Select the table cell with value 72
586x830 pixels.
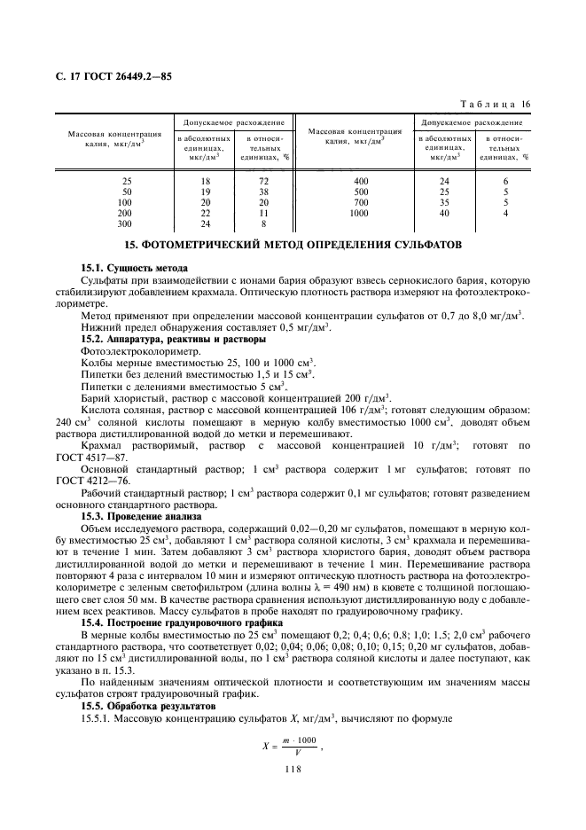(x=263, y=181)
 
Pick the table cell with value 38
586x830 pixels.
(x=263, y=192)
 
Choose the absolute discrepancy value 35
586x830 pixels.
(x=444, y=203)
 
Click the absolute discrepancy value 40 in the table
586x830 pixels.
(x=444, y=214)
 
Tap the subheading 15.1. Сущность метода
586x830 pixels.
(x=135, y=268)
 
